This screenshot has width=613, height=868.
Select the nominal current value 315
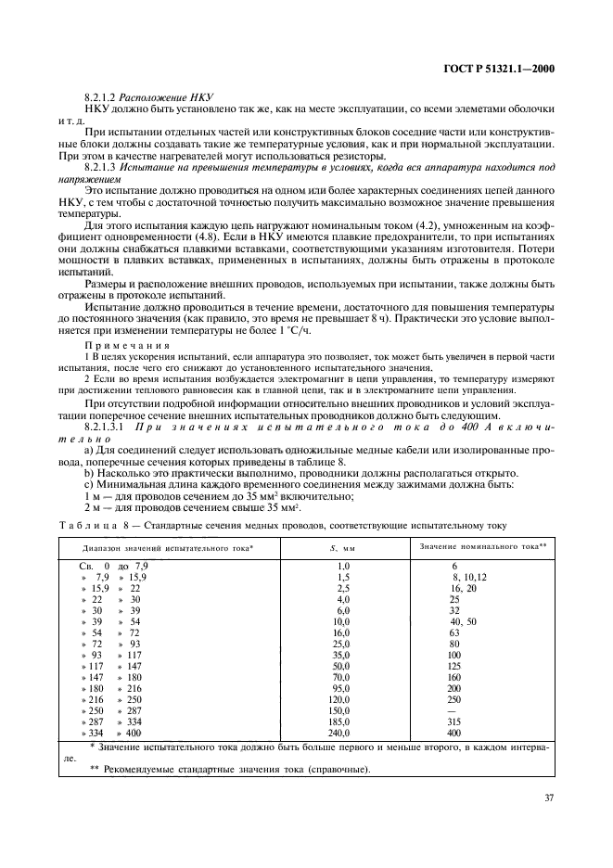pos(454,721)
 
